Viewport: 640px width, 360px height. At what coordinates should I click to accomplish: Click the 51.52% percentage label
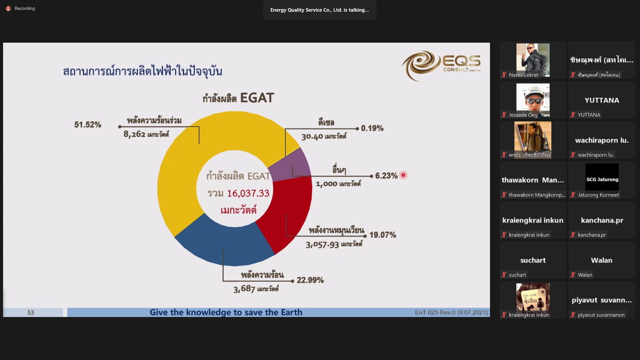(88, 125)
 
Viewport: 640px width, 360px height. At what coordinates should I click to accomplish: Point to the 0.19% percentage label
(372, 128)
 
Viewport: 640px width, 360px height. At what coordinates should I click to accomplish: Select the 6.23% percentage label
(386, 176)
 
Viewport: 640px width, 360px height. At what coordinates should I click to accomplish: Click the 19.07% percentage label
(383, 235)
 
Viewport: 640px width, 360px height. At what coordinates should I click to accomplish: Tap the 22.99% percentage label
(310, 280)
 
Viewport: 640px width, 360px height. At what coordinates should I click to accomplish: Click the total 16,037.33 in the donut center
(248, 193)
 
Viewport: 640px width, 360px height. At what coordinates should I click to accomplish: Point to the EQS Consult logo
(441, 66)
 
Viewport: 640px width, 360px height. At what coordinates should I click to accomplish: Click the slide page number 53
(31, 313)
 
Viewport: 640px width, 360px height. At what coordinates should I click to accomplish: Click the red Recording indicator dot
(8, 9)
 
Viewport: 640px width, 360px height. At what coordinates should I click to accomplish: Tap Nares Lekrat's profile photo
(533, 60)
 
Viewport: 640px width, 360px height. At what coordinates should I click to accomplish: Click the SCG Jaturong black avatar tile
(602, 177)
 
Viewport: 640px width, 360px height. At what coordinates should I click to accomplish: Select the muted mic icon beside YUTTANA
(573, 115)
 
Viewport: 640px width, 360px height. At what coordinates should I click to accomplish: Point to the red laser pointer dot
(403, 175)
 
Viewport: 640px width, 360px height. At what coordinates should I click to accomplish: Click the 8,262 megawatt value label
(146, 134)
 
